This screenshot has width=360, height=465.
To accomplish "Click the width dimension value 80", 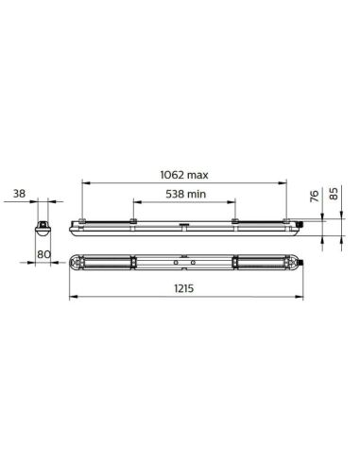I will click(x=43, y=252).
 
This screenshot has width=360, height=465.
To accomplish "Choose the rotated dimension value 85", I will click(x=334, y=195).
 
